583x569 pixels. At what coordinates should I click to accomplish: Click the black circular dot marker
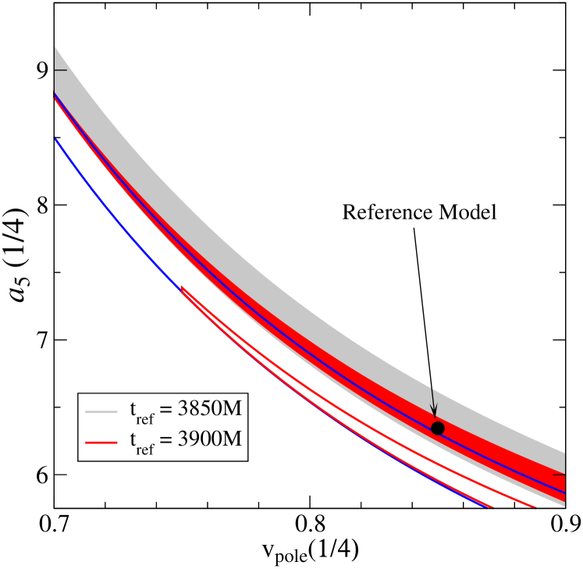(x=438, y=428)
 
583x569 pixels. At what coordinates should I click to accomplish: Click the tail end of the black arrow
(x=431, y=388)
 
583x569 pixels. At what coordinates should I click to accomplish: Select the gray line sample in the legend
(x=101, y=411)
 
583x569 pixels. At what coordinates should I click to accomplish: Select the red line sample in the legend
(x=101, y=442)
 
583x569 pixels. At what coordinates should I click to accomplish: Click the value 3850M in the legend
(x=209, y=409)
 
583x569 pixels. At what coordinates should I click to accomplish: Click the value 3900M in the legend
(x=209, y=439)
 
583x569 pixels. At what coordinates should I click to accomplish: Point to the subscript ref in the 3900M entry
(x=145, y=448)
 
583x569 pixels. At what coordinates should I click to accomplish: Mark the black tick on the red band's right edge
(x=558, y=474)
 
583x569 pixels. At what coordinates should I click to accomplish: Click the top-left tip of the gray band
(x=55, y=48)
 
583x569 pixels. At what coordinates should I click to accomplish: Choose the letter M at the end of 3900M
(x=233, y=439)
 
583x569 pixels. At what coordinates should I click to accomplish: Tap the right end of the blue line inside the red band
(x=563, y=493)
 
